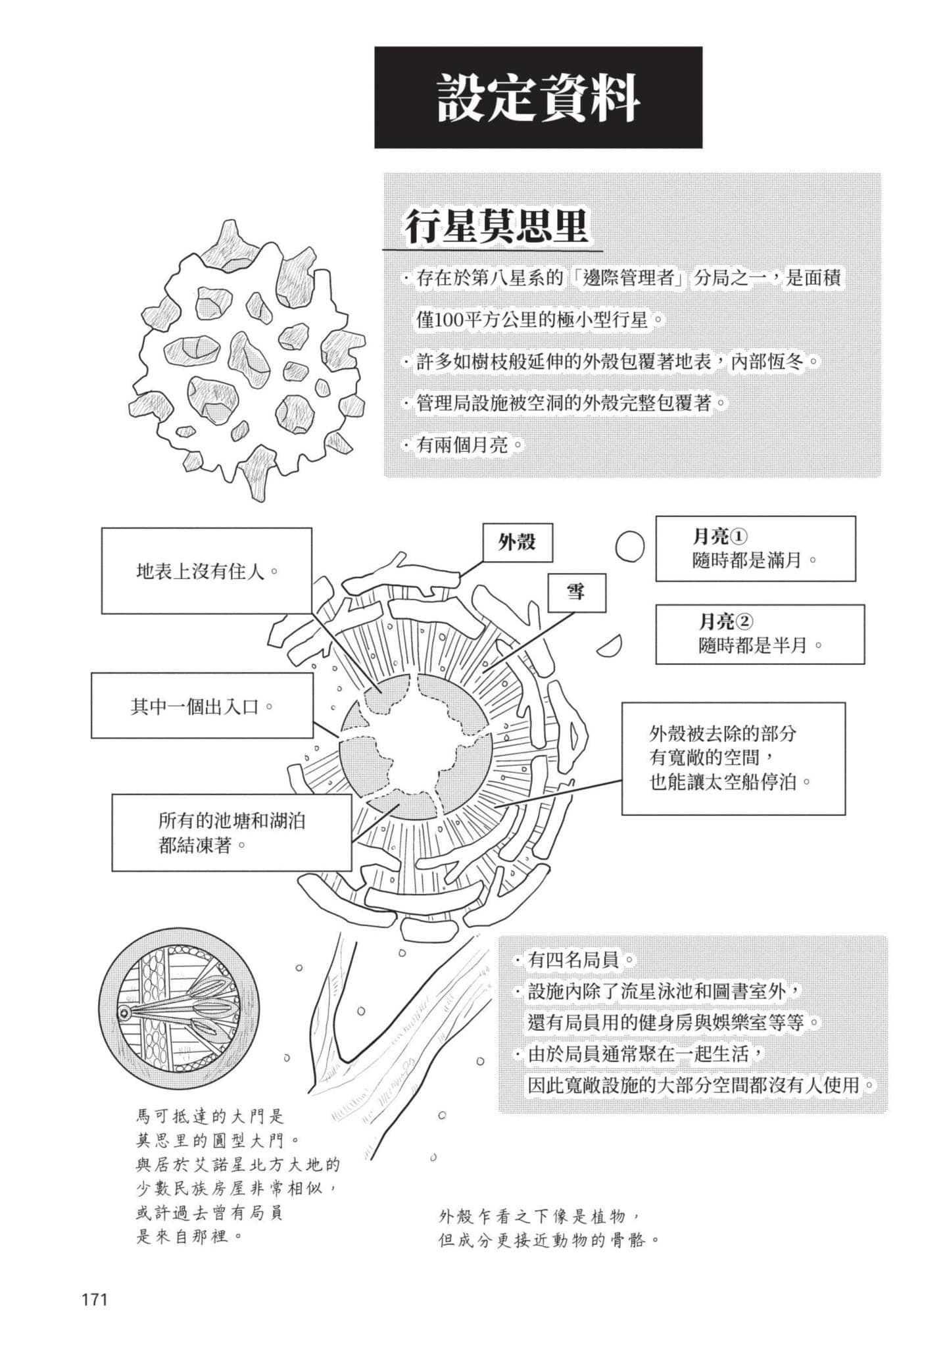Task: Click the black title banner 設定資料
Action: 538,97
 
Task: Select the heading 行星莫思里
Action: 496,227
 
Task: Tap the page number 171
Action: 94,1299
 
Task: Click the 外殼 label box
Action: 518,542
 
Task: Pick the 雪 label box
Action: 577,592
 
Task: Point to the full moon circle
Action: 630,545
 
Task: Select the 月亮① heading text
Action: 720,537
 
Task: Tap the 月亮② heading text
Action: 726,621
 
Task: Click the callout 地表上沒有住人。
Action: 206,570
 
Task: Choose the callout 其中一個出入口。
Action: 202,707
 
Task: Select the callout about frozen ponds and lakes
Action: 231,833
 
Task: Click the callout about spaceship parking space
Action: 733,758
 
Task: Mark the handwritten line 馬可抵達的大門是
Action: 210,1115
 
